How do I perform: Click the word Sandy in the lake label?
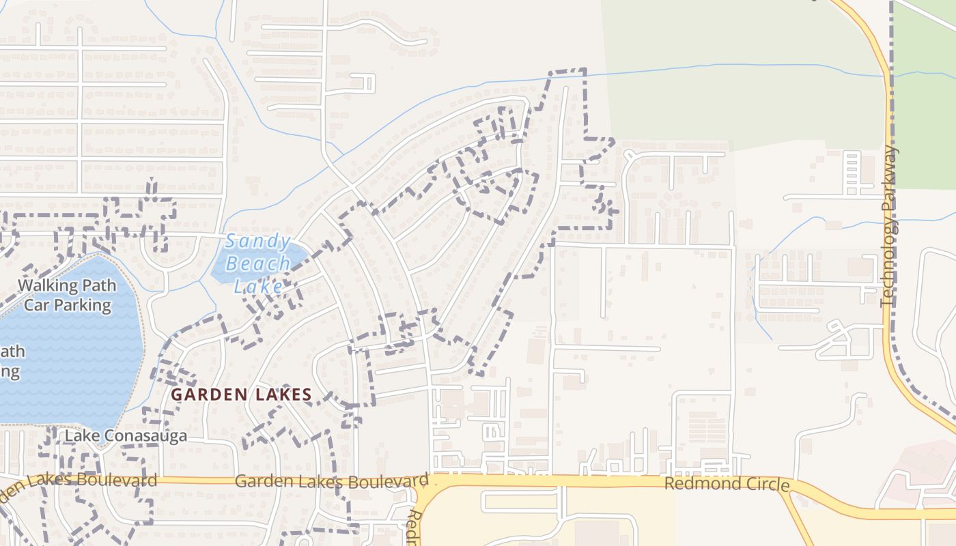(259, 241)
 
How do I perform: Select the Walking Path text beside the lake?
(67, 285)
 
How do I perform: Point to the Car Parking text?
(67, 304)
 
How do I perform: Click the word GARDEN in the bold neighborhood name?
(203, 394)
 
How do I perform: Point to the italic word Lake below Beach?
(258, 286)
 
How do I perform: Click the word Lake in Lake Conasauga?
(82, 436)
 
